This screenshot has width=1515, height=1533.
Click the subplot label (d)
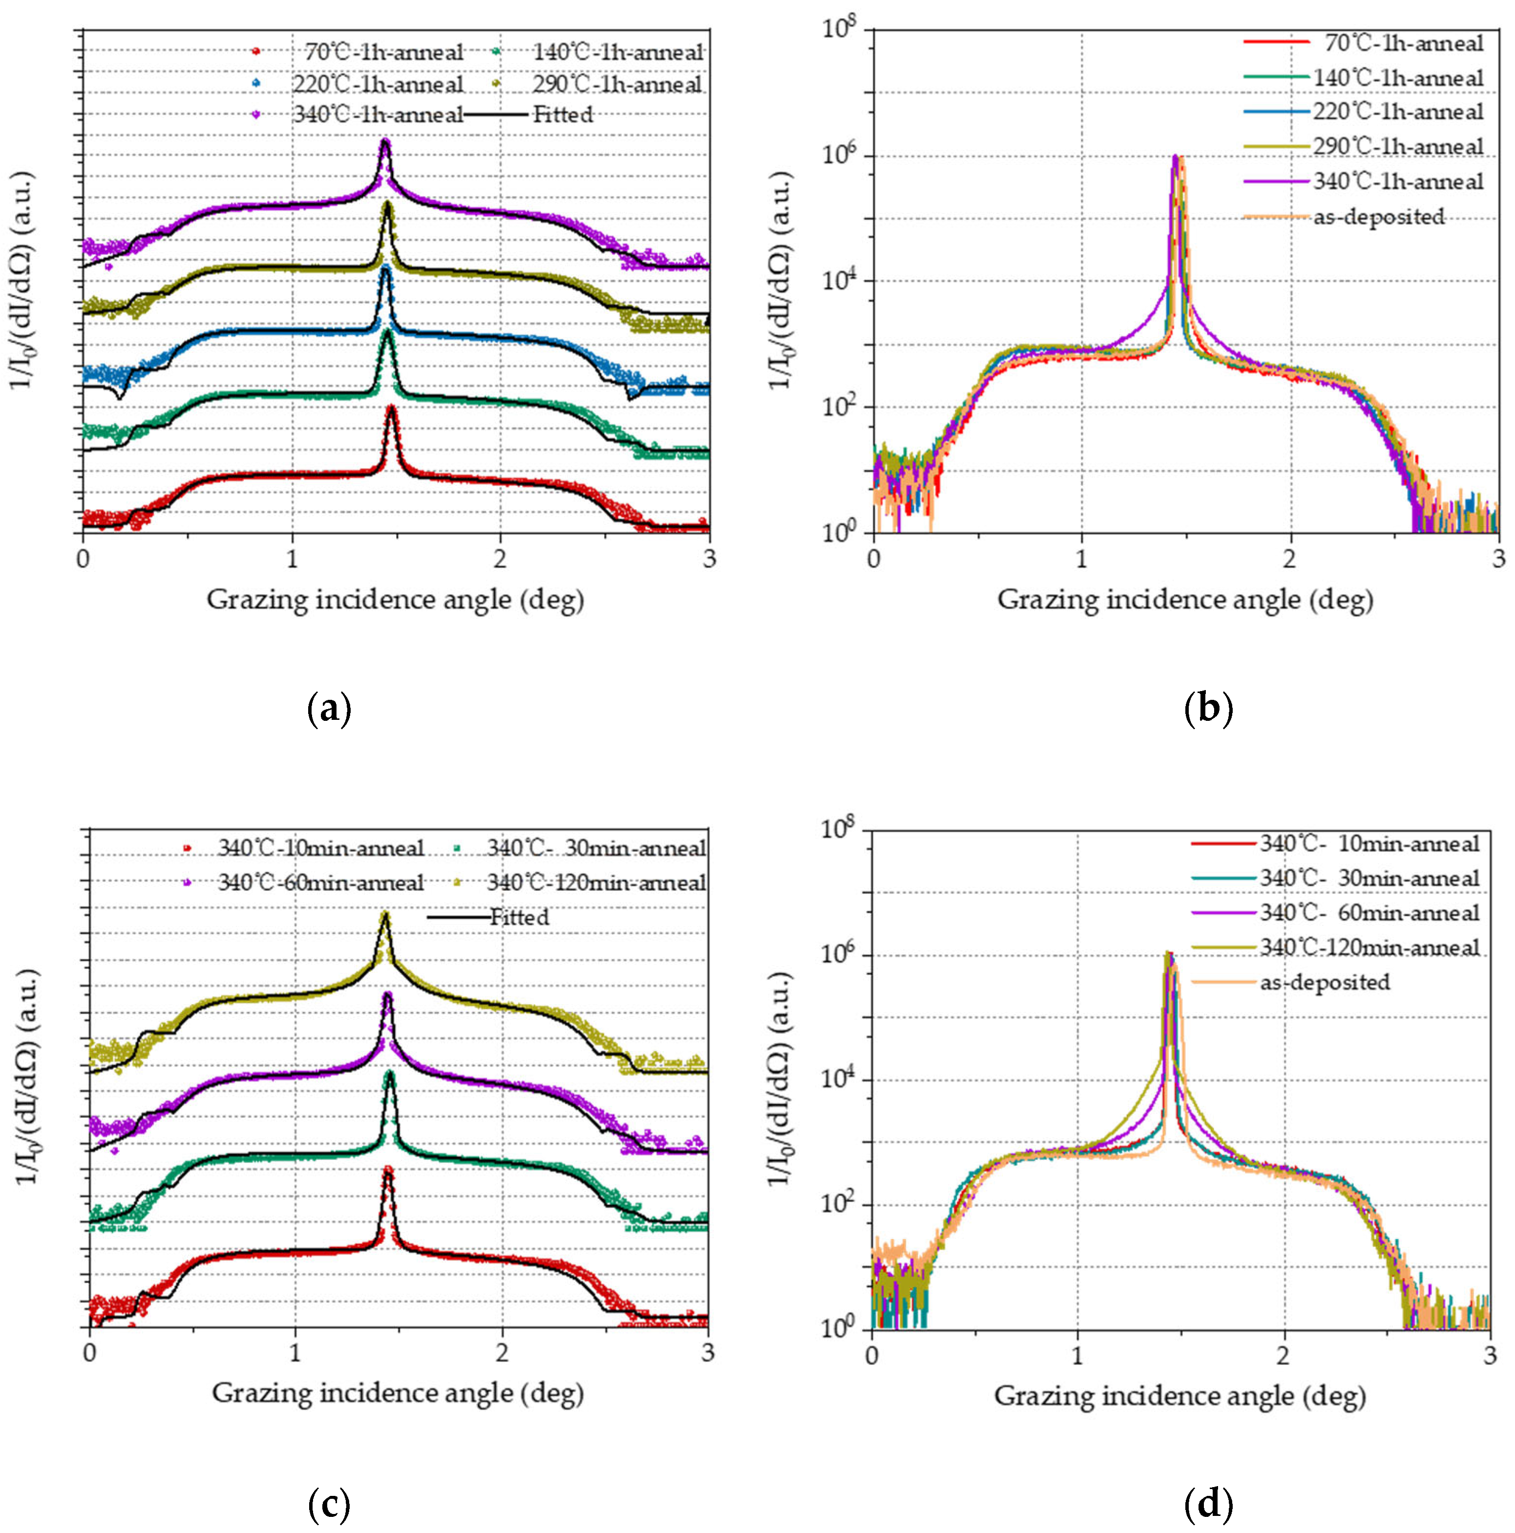[x=1208, y=1505]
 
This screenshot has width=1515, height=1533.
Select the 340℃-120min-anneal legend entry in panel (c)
[x=595, y=882]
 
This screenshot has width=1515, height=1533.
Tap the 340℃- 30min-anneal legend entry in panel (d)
[x=1369, y=879]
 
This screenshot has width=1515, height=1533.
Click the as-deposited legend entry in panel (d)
[x=1326, y=982]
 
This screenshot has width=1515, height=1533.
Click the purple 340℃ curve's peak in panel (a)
[x=385, y=141]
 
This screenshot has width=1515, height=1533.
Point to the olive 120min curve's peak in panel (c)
[x=385, y=914]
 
